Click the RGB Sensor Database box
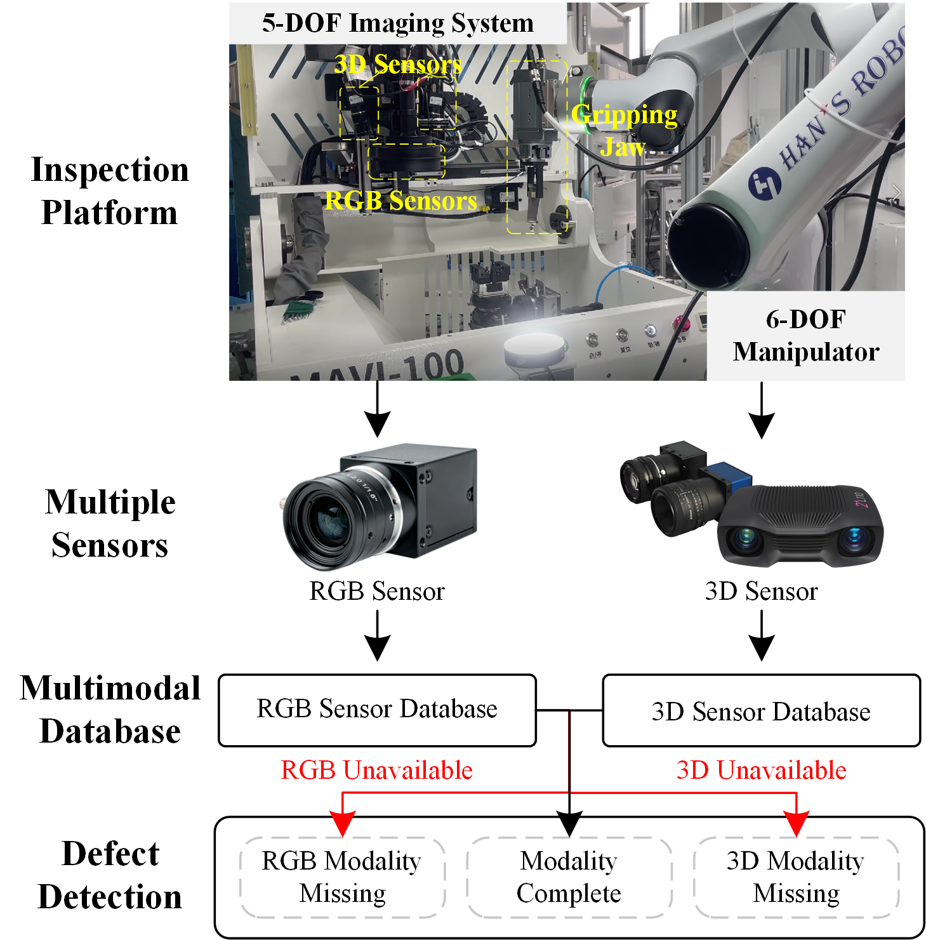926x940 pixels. point(377,710)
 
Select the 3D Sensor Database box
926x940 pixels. point(761,711)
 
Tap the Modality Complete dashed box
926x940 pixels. point(569,877)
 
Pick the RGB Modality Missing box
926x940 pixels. point(342,877)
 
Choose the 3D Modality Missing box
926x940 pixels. point(796,877)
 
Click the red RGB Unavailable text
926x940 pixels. point(376,770)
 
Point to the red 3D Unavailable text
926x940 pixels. point(761,770)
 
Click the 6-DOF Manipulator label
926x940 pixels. point(805,336)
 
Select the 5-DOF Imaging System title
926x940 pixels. point(397,23)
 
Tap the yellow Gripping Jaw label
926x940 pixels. point(624,130)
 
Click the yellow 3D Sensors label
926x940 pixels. point(397,64)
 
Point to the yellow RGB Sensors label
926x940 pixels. point(400,201)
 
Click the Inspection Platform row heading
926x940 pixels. point(110,190)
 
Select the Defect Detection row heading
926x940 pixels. point(110,875)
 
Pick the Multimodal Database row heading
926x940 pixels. point(110,709)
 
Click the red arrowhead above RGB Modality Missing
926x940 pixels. point(343,824)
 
